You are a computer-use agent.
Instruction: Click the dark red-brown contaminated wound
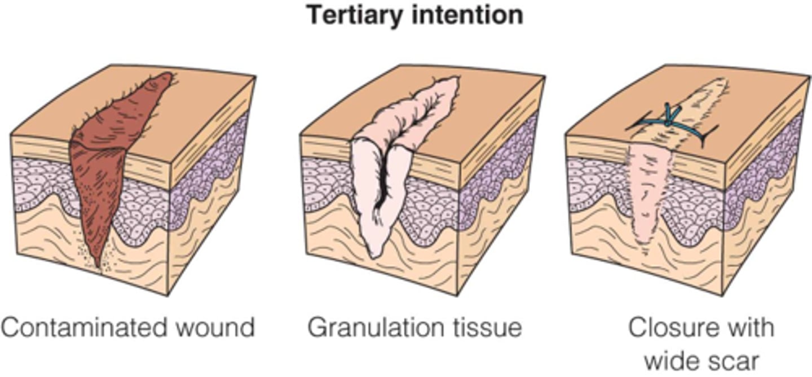coord(104,169)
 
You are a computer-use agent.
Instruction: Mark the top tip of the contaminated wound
coord(167,75)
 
